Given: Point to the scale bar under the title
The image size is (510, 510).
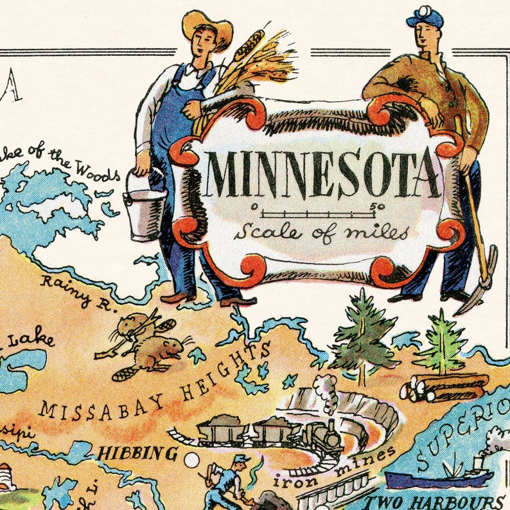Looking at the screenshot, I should click(x=317, y=211).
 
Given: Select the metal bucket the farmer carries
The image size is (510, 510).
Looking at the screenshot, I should click(x=145, y=204).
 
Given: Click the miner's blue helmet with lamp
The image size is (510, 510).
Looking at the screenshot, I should click(x=425, y=16).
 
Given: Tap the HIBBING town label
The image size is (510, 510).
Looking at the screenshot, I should click(x=137, y=453).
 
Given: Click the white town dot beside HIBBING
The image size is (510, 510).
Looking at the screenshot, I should click(x=191, y=461).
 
